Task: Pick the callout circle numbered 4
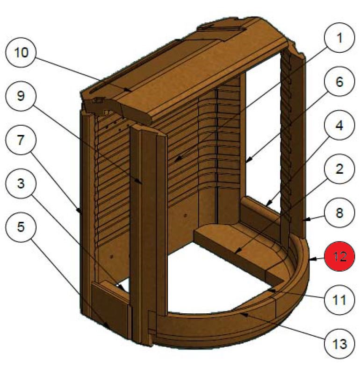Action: click(x=339, y=127)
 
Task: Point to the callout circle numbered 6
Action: click(x=339, y=83)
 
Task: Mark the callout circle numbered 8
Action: click(x=339, y=213)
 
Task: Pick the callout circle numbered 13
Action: click(x=339, y=345)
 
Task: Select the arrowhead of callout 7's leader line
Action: click(x=81, y=212)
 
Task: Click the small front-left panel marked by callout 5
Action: click(x=110, y=306)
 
